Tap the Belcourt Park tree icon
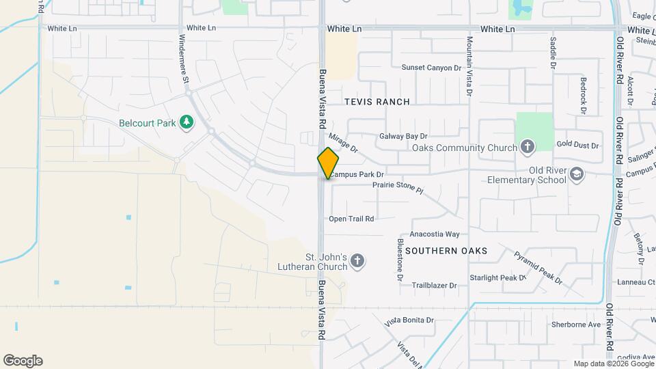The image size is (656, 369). click(186, 123)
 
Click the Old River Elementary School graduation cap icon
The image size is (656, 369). click(577, 174)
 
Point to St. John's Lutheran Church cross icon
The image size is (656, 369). click(357, 260)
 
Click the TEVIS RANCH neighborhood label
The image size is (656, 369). click(377, 102)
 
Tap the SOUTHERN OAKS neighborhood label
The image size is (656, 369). click(446, 251)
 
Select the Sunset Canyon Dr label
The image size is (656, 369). click(431, 68)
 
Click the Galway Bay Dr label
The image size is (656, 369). click(403, 137)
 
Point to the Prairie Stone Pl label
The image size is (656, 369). click(398, 187)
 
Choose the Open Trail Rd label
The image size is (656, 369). click(351, 219)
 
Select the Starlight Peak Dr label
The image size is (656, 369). click(497, 278)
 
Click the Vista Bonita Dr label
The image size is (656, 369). click(410, 320)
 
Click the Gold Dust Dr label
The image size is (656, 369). click(577, 146)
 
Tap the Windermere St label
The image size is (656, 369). click(184, 59)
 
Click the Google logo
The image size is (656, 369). click(23, 361)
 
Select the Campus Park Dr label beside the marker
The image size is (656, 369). click(357, 175)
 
